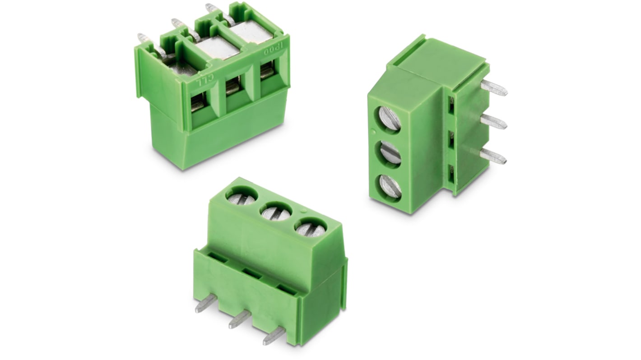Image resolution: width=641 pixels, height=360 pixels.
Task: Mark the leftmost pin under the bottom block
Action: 205,303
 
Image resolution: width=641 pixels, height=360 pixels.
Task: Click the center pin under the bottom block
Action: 239,319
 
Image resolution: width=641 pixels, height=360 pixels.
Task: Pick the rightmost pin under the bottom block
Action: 274,336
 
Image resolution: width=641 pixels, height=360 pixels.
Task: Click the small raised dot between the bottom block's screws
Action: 303,211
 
